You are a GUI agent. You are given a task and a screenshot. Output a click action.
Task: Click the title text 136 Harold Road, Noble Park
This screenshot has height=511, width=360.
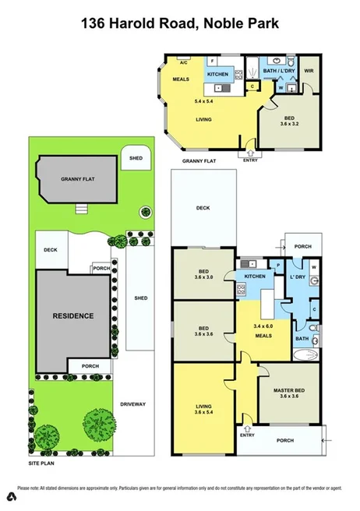[x=180, y=24]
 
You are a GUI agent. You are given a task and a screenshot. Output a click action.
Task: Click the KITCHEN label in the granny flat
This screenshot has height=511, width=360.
[x=217, y=74]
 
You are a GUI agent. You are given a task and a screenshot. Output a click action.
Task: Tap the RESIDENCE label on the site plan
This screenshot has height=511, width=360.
[x=73, y=315]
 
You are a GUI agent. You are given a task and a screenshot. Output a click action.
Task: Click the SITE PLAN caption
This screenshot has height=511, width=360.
[x=44, y=463]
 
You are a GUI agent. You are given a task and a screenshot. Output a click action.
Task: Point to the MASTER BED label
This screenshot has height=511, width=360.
[x=288, y=389]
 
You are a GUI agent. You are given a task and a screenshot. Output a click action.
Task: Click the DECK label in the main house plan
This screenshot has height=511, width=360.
[x=203, y=208]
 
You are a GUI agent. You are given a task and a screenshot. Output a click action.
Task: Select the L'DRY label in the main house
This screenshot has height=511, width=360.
[x=296, y=278]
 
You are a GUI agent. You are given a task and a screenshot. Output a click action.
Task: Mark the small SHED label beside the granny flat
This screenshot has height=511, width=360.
[x=136, y=158]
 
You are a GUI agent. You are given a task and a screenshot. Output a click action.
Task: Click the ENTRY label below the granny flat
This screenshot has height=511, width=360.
[x=250, y=160]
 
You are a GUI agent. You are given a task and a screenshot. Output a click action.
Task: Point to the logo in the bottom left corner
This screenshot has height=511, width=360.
[x=12, y=495]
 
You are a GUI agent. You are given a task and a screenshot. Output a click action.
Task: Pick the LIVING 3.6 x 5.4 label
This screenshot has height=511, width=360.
[x=203, y=407]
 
